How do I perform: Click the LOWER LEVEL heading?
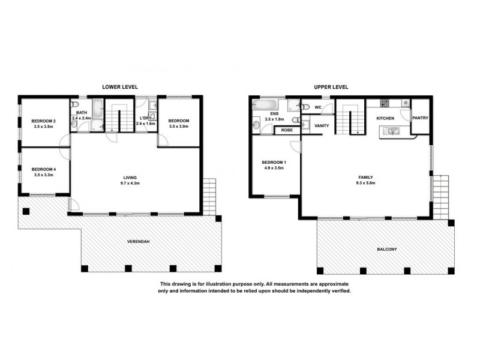120,87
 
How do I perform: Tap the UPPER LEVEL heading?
331,87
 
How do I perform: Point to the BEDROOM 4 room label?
43,169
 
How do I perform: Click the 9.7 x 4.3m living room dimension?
130,184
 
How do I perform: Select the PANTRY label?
420,118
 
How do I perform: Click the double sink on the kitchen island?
393,130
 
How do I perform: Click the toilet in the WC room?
305,107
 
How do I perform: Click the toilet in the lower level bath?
74,126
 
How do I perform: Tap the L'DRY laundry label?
145,118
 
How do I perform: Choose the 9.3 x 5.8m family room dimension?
366,184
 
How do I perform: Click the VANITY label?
321,125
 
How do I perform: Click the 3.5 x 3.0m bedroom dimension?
179,127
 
